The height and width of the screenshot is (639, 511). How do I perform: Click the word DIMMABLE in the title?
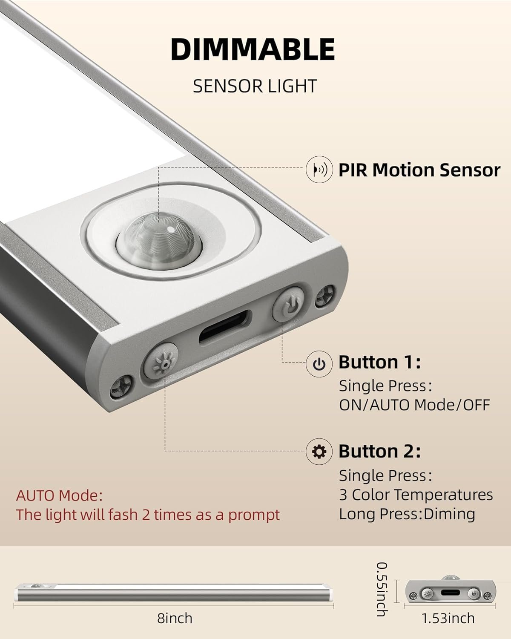[253, 49]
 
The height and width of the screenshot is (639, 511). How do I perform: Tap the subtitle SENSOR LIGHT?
[255, 86]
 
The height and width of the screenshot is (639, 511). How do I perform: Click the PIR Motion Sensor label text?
[419, 170]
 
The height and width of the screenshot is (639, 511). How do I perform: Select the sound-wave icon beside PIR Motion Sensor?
[319, 170]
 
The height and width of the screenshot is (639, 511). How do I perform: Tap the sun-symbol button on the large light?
[161, 362]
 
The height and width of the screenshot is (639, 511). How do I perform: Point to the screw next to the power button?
[325, 296]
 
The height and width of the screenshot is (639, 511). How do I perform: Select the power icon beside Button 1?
[319, 363]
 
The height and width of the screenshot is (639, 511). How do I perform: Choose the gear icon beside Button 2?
[319, 452]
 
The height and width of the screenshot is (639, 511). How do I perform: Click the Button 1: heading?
[379, 362]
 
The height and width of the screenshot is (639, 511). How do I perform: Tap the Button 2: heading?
[379, 451]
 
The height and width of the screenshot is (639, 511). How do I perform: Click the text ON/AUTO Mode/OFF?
[414, 405]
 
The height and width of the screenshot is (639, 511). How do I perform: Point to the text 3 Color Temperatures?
[416, 495]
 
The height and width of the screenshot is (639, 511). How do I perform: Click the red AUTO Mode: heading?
[59, 496]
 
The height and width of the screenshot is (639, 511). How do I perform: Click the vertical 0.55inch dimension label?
[382, 589]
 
